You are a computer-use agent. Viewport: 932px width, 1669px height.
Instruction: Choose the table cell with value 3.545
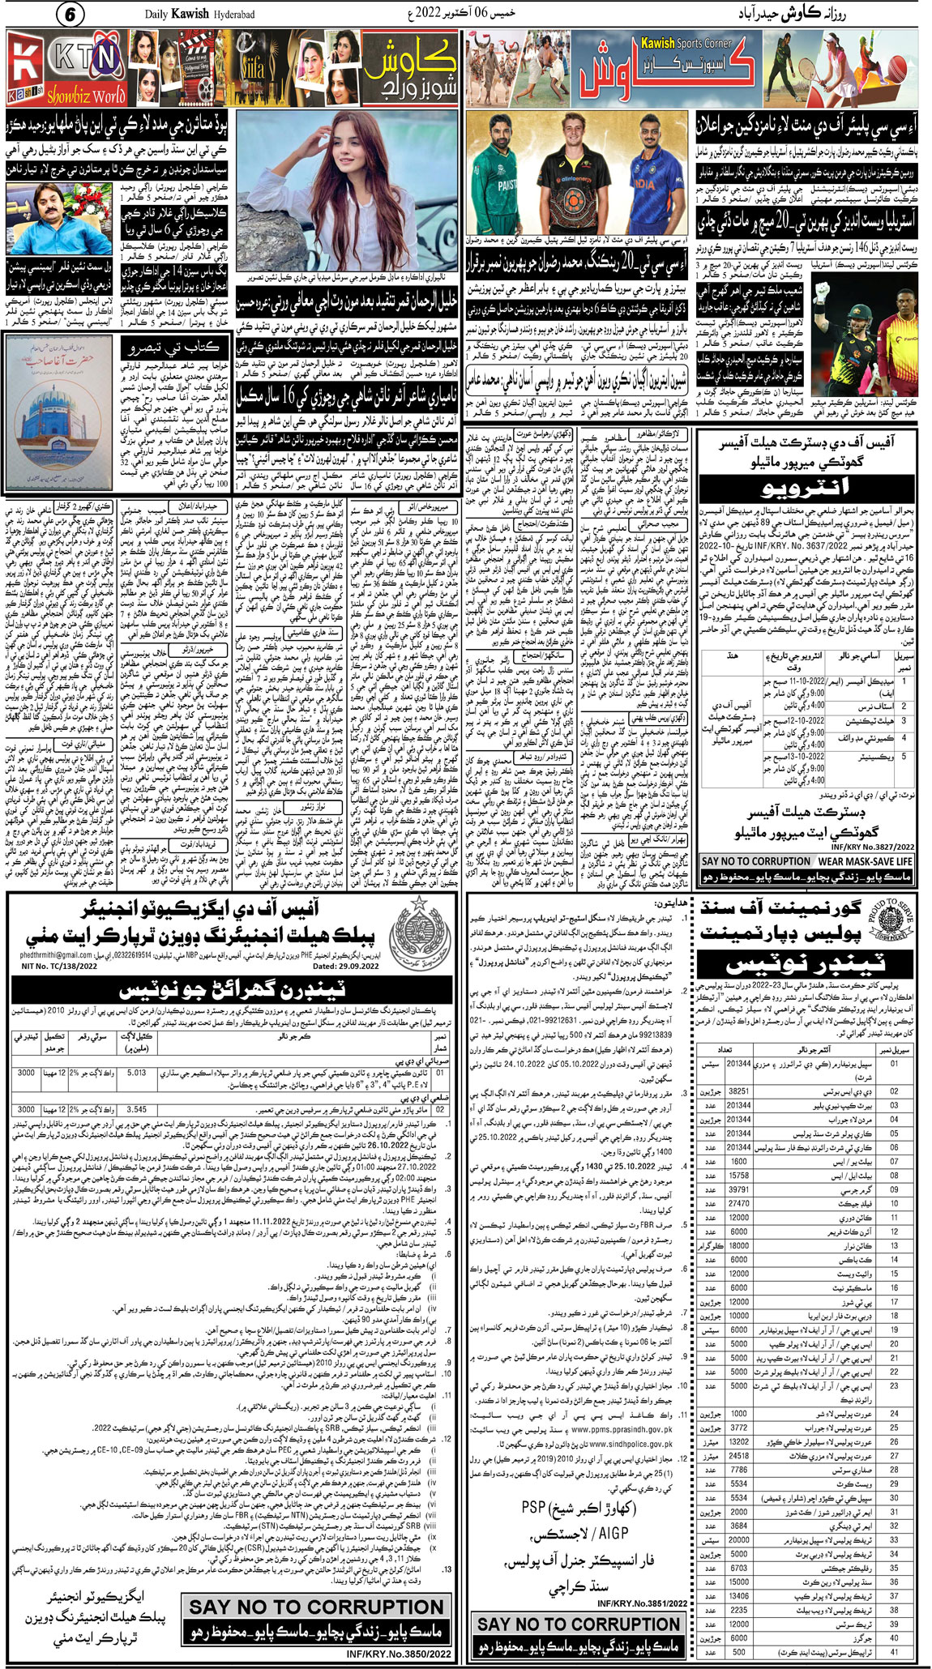tap(137, 1109)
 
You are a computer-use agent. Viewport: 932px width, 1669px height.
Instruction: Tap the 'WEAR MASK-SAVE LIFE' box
tap(864, 861)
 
